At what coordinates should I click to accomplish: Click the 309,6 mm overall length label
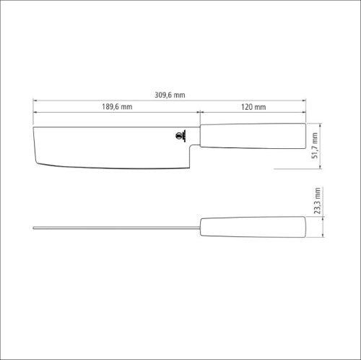tap(170, 94)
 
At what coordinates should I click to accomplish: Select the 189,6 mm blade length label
tap(117, 107)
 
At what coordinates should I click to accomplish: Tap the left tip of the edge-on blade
tap(34, 229)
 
